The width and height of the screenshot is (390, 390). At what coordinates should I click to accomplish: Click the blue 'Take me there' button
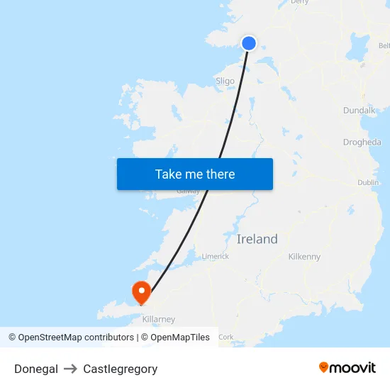195,174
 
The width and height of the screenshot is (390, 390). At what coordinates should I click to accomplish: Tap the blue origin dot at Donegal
249,43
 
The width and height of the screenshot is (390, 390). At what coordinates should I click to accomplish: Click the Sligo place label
225,81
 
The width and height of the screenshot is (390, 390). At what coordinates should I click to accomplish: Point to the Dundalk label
359,111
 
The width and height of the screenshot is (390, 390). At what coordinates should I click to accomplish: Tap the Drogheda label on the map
362,142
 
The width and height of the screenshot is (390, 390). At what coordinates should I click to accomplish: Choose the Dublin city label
368,182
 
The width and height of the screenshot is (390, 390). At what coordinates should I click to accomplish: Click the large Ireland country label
257,239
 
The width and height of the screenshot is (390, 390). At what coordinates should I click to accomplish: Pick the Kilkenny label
305,257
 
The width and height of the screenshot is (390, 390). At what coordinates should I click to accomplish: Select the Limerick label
215,257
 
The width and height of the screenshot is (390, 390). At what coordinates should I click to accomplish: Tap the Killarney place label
158,320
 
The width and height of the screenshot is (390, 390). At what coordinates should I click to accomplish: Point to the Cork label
226,337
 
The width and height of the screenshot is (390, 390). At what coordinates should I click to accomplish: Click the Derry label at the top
300,2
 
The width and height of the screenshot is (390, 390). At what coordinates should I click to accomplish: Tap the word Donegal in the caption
36,369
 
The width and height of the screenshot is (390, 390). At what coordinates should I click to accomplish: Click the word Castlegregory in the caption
121,369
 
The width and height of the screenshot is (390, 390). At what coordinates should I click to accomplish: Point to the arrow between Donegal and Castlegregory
70,369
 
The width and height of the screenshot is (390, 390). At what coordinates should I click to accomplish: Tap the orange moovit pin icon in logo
324,367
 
